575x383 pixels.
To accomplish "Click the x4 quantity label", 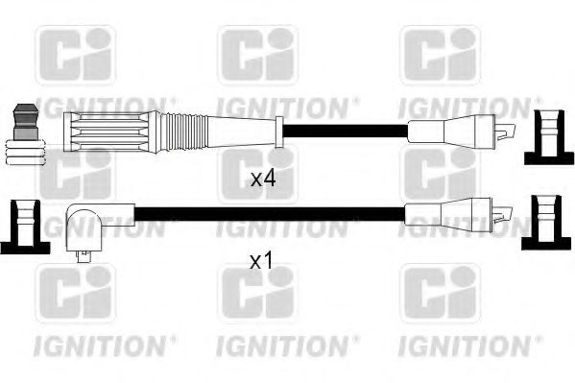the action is click(263, 178).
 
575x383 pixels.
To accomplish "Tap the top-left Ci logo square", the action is click(75, 55).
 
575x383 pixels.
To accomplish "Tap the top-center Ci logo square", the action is click(256, 55).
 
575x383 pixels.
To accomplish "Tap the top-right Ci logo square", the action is click(439, 55).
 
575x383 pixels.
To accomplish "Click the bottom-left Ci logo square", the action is click(75, 294).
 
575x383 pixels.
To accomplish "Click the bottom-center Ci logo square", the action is click(256, 294).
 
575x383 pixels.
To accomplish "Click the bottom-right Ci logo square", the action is click(439, 294).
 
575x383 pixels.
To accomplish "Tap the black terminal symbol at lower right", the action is click(543, 220).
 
